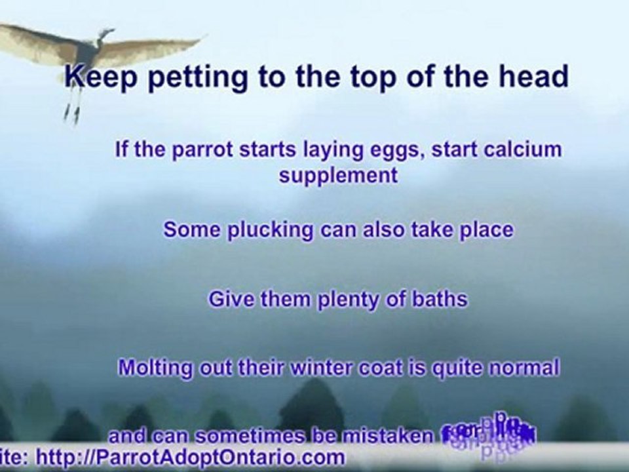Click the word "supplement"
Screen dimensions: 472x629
pyautogui.click(x=338, y=176)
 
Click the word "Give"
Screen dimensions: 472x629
pyautogui.click(x=230, y=300)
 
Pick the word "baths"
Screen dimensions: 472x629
pyautogui.click(x=439, y=300)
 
